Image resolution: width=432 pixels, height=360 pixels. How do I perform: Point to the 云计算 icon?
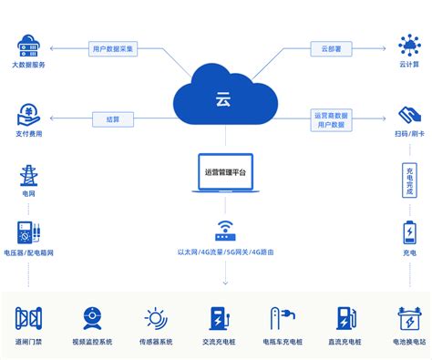[408, 44]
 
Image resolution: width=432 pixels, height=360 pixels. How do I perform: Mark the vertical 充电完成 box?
[409, 180]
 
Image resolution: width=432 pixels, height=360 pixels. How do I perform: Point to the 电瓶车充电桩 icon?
[282, 318]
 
